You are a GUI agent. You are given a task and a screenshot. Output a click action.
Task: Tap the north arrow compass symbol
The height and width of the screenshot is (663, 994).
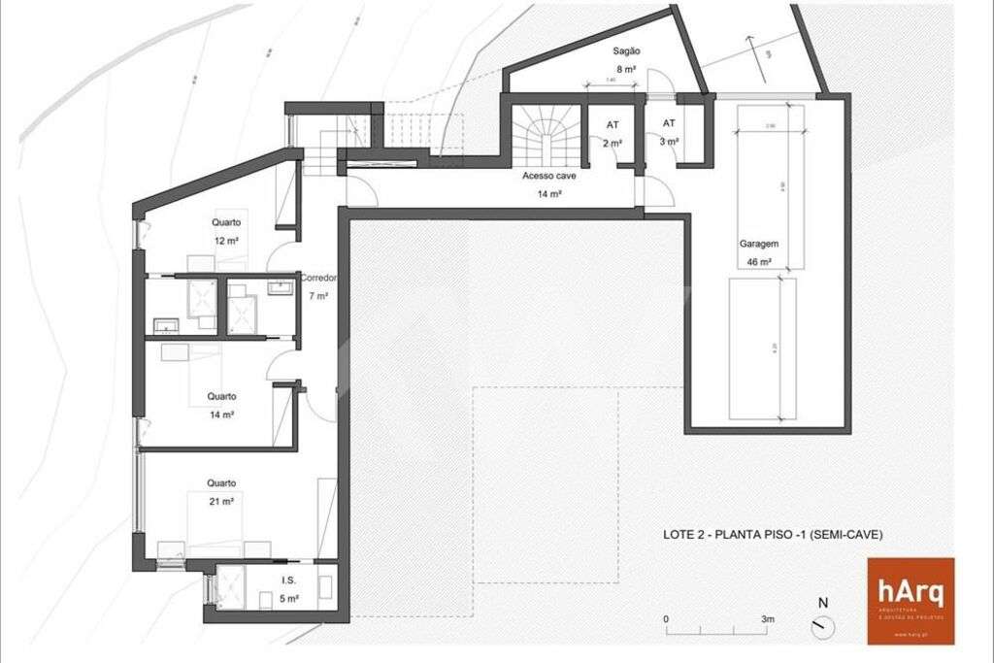(823, 626)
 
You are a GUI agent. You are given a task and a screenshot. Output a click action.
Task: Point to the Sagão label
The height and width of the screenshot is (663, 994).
(626, 50)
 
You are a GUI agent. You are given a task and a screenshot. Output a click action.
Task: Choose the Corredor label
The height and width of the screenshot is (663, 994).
(319, 278)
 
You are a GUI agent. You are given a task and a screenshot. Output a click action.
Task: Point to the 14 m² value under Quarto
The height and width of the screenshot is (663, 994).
(221, 414)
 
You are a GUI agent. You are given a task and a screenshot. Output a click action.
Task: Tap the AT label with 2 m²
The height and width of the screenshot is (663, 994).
(613, 125)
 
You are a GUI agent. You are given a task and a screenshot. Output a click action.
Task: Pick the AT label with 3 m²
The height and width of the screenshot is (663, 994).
(669, 124)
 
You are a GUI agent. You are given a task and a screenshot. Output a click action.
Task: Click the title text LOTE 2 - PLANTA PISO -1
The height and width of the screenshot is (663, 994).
(773, 534)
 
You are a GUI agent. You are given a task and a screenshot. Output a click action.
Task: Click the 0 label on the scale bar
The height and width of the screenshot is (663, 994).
(666, 618)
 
